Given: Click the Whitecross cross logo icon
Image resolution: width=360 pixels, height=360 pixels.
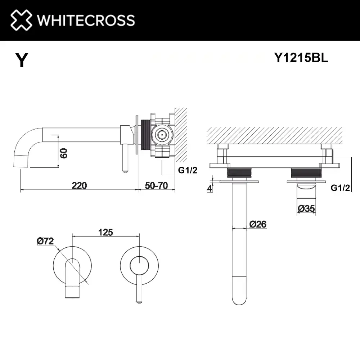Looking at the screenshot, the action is [x=21, y=20].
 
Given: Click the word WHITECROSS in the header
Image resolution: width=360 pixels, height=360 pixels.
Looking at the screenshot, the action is [x=86, y=20].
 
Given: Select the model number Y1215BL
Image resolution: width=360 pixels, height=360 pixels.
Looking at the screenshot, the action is [x=301, y=58].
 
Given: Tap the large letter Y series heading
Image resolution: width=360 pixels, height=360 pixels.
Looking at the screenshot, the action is [x=22, y=60].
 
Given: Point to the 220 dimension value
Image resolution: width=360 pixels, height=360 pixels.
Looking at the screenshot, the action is [x=79, y=185].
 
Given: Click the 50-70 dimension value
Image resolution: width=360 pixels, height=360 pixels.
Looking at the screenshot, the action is [x=156, y=185].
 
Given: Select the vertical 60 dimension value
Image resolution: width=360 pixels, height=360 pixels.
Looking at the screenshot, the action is [x=64, y=153].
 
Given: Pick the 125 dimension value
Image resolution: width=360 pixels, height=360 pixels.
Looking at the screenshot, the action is [x=105, y=232].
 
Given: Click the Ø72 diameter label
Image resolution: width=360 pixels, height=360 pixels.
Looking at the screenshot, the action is [x=45, y=241].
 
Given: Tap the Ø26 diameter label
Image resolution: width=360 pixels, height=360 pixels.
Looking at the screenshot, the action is [x=258, y=224].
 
